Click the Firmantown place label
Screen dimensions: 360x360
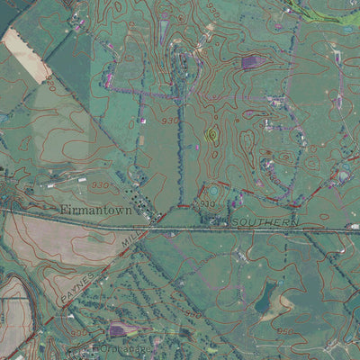(x=96, y=211)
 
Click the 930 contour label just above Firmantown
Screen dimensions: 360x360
(x=98, y=184)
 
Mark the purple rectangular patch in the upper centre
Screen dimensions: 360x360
(x=252, y=62)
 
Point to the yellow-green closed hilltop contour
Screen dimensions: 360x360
(x=212, y=135)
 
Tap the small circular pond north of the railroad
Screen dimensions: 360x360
(x=212, y=191)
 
